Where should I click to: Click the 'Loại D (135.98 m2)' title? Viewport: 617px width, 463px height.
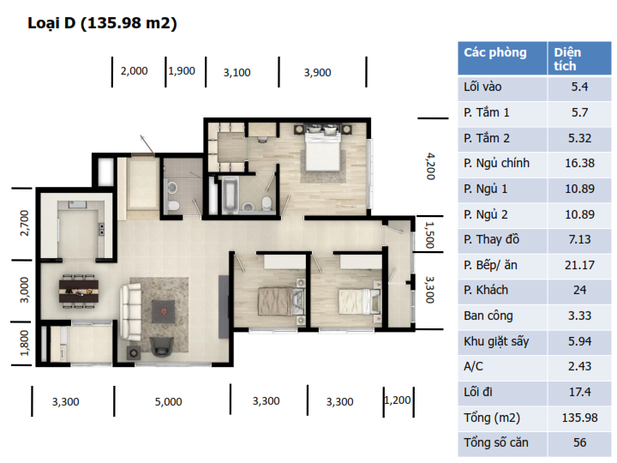(102, 23)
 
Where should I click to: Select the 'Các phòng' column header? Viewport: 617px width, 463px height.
(495, 52)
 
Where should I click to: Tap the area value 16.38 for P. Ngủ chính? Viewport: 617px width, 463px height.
(579, 163)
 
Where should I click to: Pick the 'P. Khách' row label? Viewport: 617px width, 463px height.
(486, 290)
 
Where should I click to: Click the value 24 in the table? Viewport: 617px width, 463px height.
(579, 290)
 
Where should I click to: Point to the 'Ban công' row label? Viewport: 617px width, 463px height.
(488, 316)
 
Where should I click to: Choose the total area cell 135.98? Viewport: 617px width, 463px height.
(579, 418)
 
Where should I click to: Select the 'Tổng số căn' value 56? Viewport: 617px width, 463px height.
(579, 442)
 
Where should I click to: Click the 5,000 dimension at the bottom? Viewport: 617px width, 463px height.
(169, 402)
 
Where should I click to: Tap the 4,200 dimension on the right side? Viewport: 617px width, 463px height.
(431, 166)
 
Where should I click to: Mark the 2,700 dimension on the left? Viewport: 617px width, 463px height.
(24, 223)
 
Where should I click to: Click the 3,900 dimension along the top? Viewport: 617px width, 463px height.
(317, 72)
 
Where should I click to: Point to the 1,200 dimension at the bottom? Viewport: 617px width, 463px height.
(398, 400)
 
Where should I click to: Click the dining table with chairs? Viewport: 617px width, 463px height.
(79, 291)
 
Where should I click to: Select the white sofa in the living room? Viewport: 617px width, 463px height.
(130, 312)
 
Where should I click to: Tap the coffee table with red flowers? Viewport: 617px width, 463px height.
(164, 311)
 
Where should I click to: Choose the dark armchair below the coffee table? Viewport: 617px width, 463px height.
(162, 346)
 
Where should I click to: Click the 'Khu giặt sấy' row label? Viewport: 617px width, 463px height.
(496, 341)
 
